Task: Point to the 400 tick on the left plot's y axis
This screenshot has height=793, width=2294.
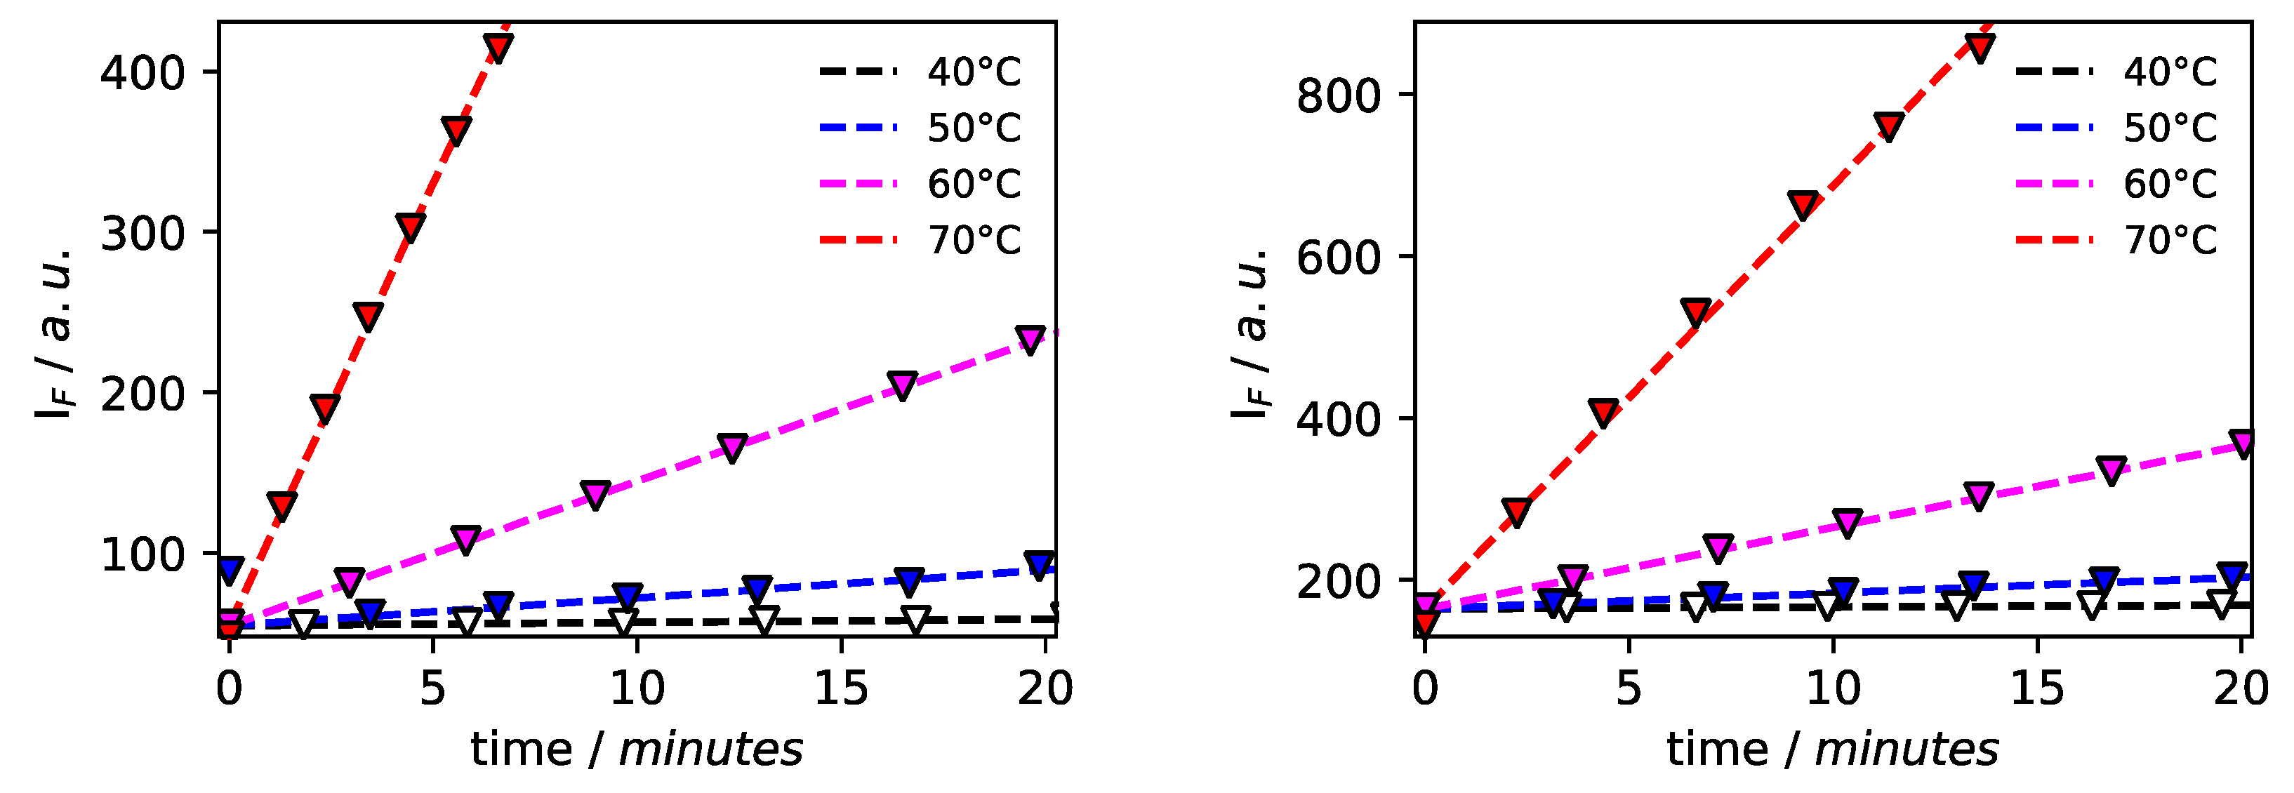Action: (x=142, y=72)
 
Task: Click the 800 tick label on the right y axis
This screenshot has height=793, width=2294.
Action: (x=1337, y=95)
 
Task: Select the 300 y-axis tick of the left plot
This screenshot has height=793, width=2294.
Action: (x=142, y=233)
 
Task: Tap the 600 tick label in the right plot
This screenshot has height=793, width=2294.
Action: (x=1337, y=258)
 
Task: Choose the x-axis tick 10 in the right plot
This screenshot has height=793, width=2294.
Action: (x=1833, y=688)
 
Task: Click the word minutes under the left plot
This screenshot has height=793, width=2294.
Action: (x=710, y=749)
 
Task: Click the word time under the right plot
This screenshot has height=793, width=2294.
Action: (x=1716, y=749)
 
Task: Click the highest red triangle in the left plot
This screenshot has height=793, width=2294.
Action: (x=498, y=47)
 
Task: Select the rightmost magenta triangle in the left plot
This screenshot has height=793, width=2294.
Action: (x=1030, y=338)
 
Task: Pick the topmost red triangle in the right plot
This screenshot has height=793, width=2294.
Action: (x=1980, y=47)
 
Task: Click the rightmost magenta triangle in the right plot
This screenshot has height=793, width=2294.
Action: (x=2243, y=442)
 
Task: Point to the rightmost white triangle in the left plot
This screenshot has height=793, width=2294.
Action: (x=915, y=620)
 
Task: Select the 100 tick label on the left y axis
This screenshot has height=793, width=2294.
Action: (x=142, y=555)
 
